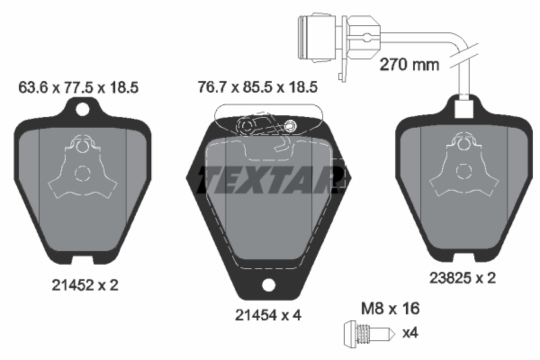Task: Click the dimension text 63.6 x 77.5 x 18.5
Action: coord(78,87)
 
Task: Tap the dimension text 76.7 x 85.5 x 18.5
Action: coord(257,87)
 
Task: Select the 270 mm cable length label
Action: coord(409,65)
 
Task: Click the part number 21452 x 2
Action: coord(85,285)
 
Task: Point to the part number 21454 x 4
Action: coord(268,315)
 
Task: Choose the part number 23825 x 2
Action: coord(463,278)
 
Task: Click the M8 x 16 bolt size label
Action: coord(390,308)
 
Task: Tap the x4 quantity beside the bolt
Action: coord(410,333)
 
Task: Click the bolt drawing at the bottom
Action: coord(369,334)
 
